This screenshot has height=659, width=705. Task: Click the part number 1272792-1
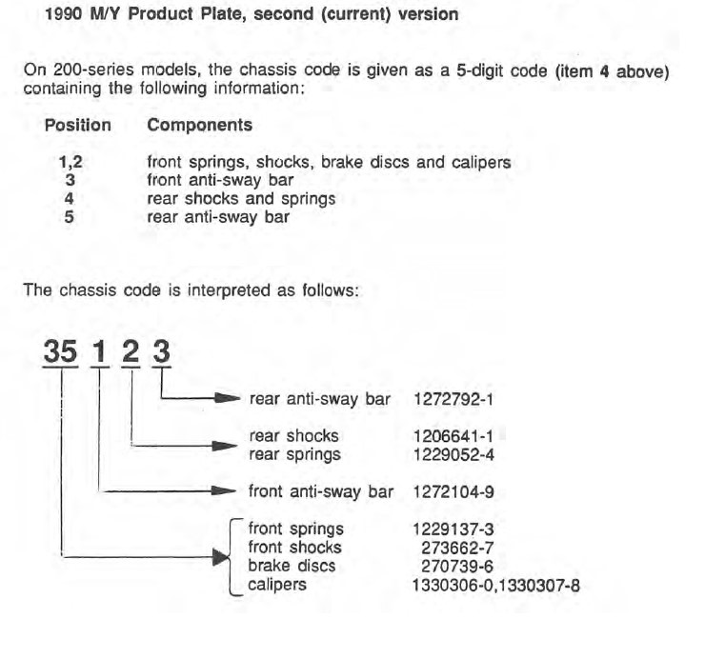point(453,399)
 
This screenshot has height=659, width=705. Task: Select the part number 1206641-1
point(453,436)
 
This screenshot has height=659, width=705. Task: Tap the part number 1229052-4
point(453,455)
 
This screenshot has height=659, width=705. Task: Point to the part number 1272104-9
point(453,491)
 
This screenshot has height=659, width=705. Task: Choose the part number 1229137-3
point(453,529)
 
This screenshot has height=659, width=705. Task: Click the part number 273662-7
point(457,548)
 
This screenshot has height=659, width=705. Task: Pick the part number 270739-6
point(457,567)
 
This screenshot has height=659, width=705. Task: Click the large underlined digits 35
point(60,351)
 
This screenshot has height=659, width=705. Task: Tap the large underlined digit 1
point(100,351)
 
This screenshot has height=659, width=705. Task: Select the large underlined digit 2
point(131,351)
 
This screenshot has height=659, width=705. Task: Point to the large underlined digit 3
point(161,351)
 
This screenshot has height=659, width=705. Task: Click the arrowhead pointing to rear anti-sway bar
point(227,398)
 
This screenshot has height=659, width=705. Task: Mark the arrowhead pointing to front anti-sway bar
point(224,490)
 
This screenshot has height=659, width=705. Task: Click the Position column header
point(78,125)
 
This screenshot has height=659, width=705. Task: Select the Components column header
point(200,126)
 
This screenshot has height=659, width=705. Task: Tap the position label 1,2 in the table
point(70,162)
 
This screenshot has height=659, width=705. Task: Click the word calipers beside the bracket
point(277,585)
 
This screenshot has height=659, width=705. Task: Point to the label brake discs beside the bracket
point(292,566)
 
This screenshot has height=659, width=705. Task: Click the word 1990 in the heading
point(64,14)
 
